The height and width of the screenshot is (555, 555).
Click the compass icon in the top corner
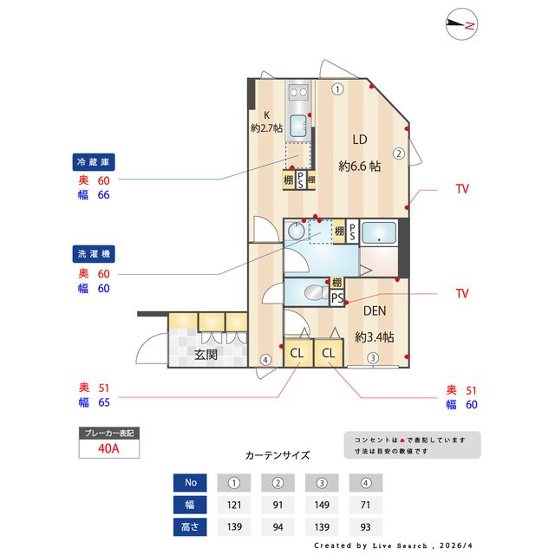point(460,26)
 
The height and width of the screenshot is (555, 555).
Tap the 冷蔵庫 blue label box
point(95,162)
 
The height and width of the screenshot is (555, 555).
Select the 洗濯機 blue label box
point(95,254)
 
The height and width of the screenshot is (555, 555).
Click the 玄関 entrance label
point(206,354)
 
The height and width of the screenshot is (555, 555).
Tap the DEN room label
point(375,312)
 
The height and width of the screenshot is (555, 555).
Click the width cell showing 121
point(234,504)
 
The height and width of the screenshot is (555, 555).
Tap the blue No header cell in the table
point(192,482)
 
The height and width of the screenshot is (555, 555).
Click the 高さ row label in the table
point(192,526)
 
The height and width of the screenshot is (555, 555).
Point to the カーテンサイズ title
point(277,454)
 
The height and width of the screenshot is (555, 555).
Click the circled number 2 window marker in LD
point(398,153)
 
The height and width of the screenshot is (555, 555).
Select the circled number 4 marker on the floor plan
point(265,360)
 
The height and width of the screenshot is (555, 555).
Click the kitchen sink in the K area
point(299,126)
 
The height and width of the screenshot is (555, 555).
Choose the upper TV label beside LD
point(462,188)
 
